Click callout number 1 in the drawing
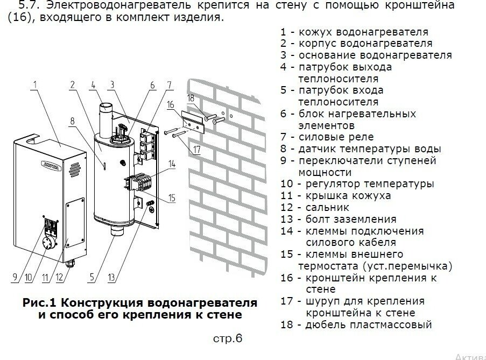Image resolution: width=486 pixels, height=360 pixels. point(34,84)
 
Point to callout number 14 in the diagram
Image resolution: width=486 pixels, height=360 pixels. point(172,163)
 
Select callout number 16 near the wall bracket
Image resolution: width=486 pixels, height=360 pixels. point(170,105)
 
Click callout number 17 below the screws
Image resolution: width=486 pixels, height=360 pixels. point(196,149)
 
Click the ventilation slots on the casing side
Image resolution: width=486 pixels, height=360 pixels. point(76,161)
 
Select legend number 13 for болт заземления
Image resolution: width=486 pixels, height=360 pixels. point(286,219)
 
